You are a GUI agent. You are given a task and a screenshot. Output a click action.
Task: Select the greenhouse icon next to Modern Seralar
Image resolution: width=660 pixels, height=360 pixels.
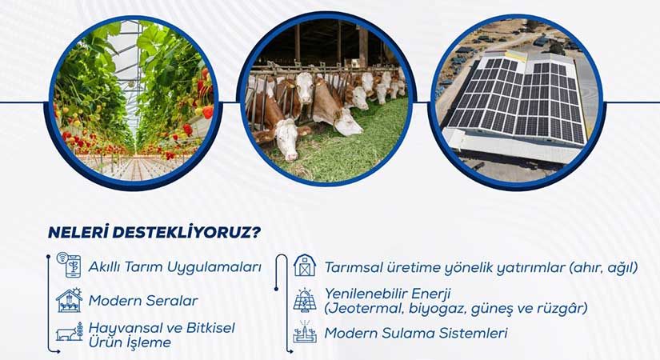70,301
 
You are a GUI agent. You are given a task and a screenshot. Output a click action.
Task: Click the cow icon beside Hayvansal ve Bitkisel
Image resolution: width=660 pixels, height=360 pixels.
70,334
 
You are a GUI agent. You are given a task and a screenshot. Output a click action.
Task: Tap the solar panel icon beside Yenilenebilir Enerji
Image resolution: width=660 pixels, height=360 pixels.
305,300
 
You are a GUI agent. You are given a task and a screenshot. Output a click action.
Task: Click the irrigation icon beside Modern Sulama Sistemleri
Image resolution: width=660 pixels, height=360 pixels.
305,333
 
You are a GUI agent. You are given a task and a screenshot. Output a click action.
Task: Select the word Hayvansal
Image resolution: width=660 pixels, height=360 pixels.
125,328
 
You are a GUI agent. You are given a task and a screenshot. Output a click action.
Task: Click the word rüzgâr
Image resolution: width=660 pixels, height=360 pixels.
564,307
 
